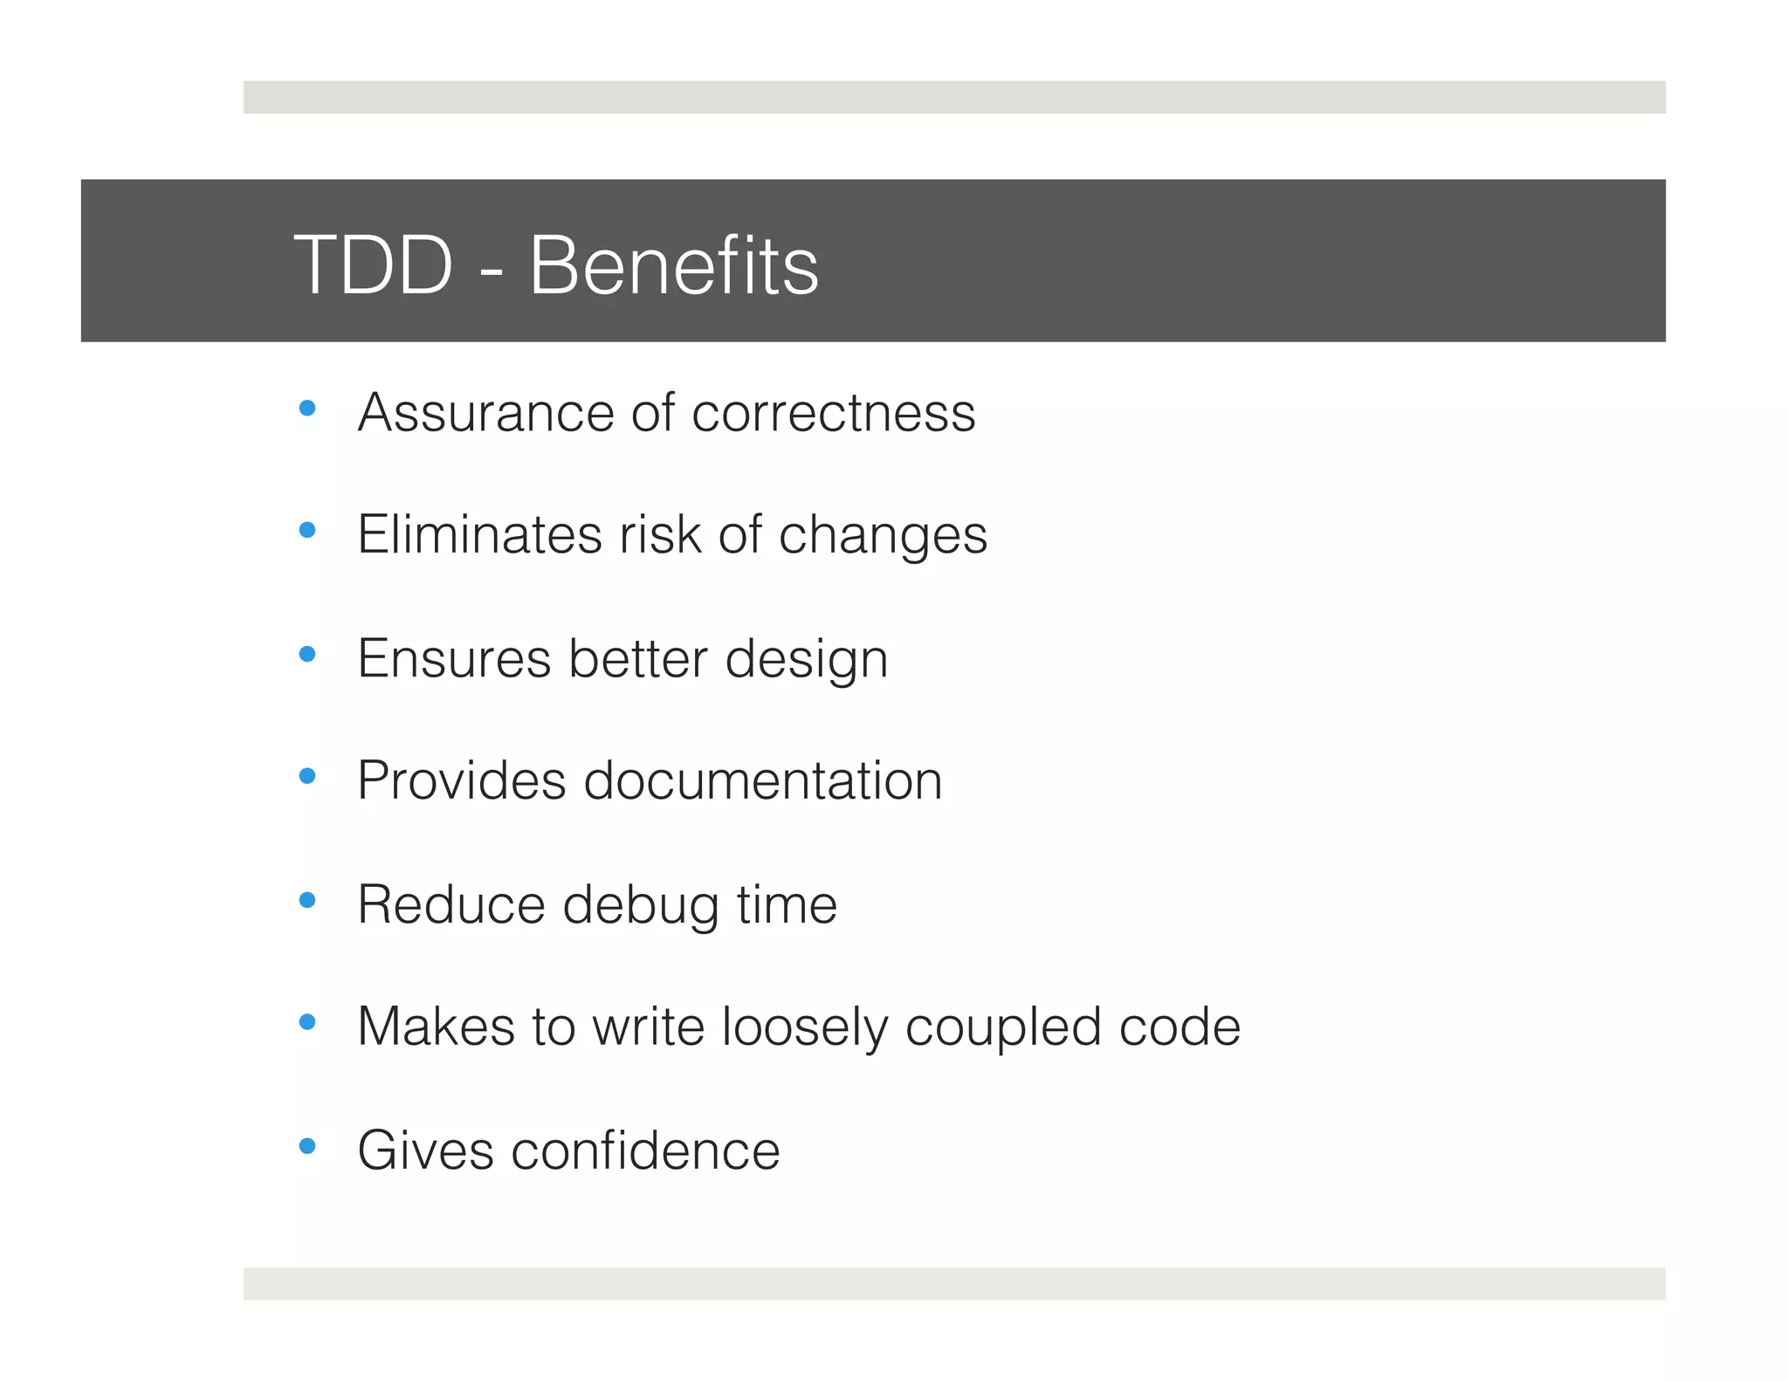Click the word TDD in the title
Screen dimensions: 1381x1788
point(374,265)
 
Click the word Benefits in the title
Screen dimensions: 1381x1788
point(673,265)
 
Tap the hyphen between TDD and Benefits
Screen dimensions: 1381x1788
point(492,271)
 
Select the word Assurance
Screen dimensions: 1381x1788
point(485,413)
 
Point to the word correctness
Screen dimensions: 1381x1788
point(833,413)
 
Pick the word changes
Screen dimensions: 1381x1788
point(883,537)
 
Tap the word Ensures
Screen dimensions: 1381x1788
point(454,658)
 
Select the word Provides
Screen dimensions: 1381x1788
point(461,780)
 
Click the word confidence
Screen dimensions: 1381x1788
point(645,1151)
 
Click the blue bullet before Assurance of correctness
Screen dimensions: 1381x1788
point(306,408)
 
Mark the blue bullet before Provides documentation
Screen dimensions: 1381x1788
point(306,775)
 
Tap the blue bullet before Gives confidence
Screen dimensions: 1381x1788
point(306,1145)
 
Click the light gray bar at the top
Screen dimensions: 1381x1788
point(953,97)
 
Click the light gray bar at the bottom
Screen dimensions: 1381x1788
point(953,1283)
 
